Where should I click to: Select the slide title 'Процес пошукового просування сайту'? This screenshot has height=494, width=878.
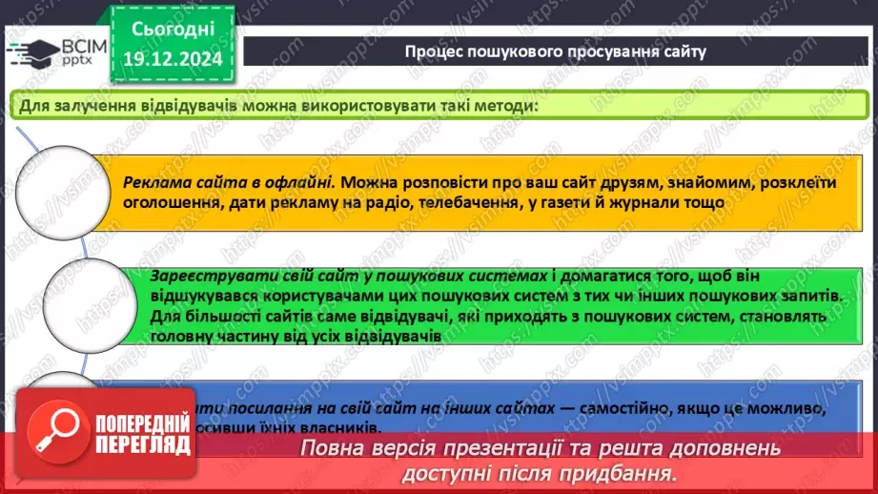pyautogui.click(x=555, y=51)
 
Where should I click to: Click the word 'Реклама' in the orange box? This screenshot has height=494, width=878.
pyautogui.click(x=156, y=182)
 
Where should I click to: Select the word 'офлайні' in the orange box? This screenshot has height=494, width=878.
pyautogui.click(x=300, y=182)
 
